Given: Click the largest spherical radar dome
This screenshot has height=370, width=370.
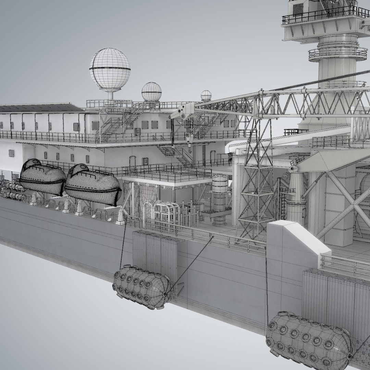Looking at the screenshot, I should [x=110, y=69].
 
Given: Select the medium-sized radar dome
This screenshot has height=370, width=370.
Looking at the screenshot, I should [x=151, y=91].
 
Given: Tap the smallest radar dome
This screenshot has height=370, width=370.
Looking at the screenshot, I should [x=206, y=95].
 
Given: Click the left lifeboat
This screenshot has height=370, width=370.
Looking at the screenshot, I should [x=42, y=177].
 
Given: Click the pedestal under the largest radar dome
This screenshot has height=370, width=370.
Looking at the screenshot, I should [x=110, y=95].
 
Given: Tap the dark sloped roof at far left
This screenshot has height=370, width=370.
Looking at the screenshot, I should [x=38, y=108].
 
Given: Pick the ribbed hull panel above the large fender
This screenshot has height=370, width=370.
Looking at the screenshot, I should [x=334, y=295].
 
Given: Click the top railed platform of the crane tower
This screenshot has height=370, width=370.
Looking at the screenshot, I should [x=319, y=15].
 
